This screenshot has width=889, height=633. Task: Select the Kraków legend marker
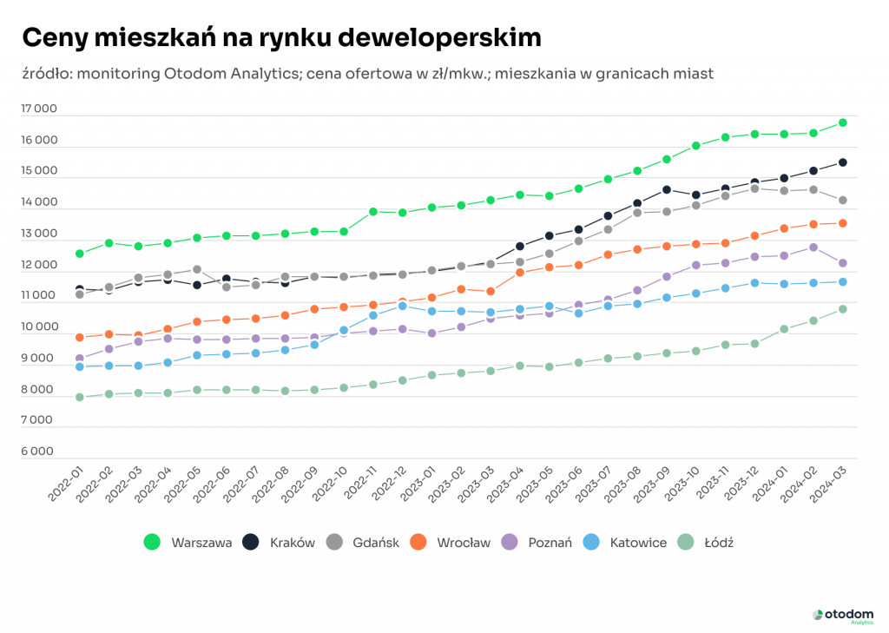coord(251,543)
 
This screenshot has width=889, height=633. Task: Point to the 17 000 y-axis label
coord(39,109)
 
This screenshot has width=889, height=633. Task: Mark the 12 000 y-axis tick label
coord(39,266)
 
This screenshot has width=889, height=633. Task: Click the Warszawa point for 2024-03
coord(842,122)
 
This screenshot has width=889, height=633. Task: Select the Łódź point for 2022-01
coord(80,397)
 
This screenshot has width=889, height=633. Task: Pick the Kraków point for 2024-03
coord(842,162)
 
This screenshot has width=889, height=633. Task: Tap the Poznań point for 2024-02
coord(813,247)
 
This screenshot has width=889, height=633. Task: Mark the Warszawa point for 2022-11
coord(373,211)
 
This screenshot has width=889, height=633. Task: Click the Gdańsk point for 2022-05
coord(197,269)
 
